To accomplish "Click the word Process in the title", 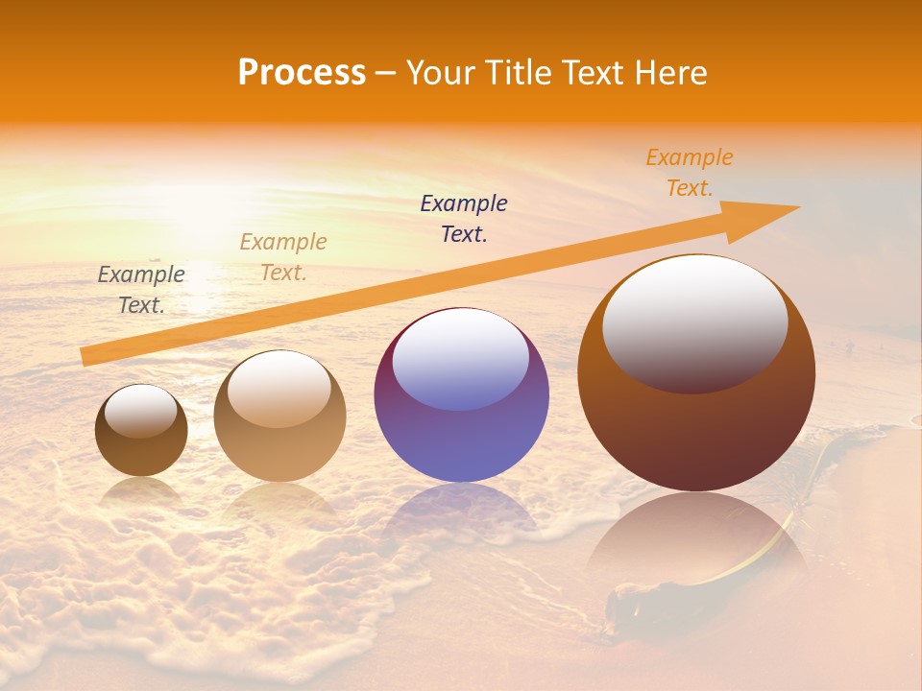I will (302, 73).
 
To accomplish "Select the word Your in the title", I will (439, 73).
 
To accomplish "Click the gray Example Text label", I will (141, 290).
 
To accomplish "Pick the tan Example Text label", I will (283, 257).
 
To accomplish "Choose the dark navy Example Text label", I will (464, 219).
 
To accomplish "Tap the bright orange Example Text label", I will (689, 173).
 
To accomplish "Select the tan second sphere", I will (279, 451).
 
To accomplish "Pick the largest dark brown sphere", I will (696, 432).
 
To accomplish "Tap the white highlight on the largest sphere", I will (694, 322).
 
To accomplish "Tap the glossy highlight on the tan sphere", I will (279, 389).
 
